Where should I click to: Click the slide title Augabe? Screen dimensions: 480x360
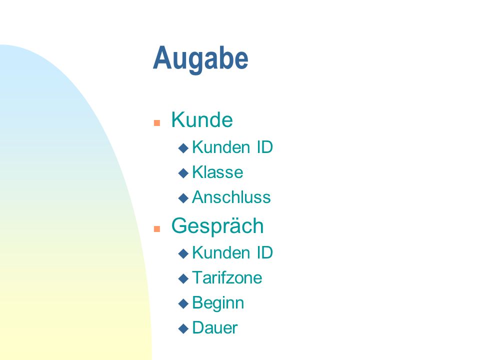coord(200,59)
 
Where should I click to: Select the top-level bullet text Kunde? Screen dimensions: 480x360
coord(202,119)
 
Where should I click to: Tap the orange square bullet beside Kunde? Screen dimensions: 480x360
coord(157,123)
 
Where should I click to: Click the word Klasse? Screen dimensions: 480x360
coord(217,172)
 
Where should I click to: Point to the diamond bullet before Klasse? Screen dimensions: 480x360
coord(183,173)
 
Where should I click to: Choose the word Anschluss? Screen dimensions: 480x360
coord(231,197)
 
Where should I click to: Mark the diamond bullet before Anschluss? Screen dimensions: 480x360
coord(183,198)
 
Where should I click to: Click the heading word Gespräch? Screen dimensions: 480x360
coord(217,226)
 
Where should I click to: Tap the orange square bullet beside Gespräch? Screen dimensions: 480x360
coord(157,229)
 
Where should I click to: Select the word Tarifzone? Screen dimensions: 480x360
coord(227,277)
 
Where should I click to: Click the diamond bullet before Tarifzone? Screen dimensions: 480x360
coord(183,278)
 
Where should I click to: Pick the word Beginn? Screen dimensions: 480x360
coord(218,303)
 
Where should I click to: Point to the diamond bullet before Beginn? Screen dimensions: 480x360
coord(183,303)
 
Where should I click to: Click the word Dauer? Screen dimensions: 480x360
coord(215,328)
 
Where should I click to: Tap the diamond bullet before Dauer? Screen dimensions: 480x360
coord(183,329)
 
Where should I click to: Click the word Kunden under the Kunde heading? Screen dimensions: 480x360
coord(221,147)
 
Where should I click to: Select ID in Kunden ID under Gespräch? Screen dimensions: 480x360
coord(265,252)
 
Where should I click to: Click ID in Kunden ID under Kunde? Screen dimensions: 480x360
coord(265,147)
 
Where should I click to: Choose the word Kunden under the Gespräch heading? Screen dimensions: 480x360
coord(221,252)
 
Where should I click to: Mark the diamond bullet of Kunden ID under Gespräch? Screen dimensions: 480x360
coord(183,253)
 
